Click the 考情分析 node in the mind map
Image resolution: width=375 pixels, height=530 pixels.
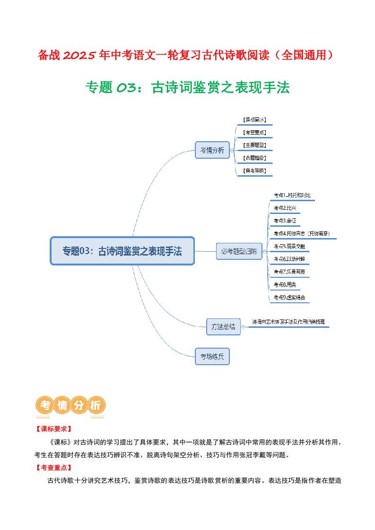tap(212, 150)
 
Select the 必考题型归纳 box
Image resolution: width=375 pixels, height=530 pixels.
tap(239, 251)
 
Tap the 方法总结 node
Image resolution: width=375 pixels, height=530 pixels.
tap(223, 326)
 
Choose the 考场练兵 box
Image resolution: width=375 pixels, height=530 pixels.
tap(212, 356)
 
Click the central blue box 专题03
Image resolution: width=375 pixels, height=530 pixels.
tap(122, 251)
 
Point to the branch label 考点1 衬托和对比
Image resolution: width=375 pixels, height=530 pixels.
tap(292, 195)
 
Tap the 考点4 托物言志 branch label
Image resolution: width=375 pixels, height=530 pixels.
tap(301, 233)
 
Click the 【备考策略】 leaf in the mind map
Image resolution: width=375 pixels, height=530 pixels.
tap(254, 171)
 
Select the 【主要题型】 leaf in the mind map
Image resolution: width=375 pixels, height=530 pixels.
tap(254, 145)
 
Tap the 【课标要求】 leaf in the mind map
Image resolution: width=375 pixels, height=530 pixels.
tap(254, 120)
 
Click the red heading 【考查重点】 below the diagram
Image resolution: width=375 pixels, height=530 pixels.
tap(53, 468)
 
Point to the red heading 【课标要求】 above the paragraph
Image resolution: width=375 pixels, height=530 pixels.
tap(53, 429)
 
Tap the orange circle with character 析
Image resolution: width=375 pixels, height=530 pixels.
tap(96, 405)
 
